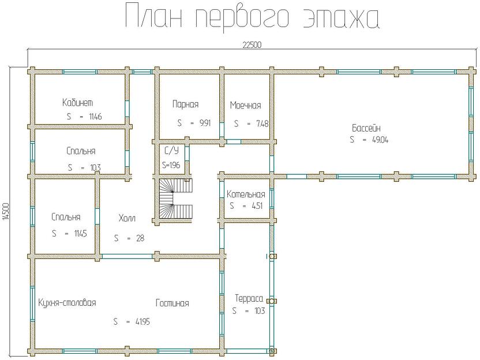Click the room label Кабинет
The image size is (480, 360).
coord(78,103)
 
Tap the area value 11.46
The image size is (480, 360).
coord(95,117)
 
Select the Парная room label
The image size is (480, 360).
coord(185,104)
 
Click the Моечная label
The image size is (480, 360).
coord(245,106)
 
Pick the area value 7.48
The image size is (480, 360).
coord(259,123)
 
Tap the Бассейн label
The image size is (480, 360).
coord(366,127)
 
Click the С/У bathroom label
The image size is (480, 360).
coord(171,152)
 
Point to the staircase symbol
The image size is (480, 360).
coord(175,199)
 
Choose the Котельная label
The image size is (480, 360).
coord(246,194)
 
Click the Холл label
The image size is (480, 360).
coord(127,219)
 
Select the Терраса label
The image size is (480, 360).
coord(249,298)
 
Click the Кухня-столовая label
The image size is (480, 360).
coord(67,303)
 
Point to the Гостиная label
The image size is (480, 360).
coord(172,303)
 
